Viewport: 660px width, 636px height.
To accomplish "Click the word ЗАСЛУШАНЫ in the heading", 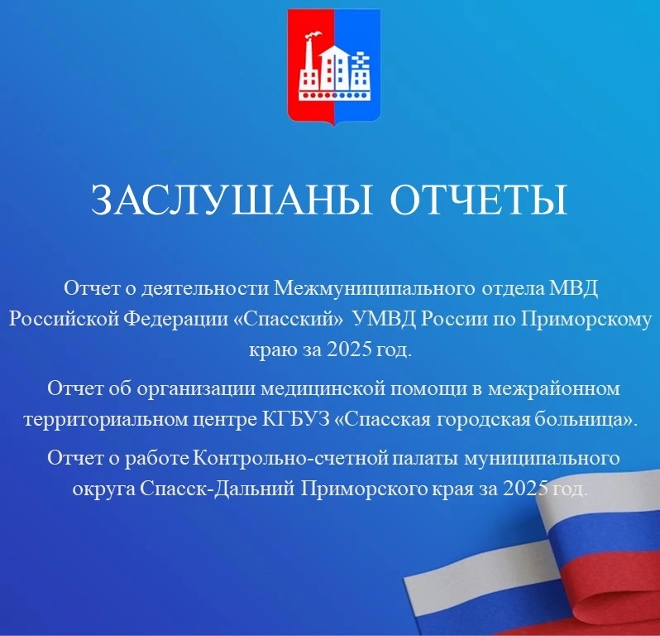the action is tap(231, 200).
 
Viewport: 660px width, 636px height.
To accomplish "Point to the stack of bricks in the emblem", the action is tap(361, 68).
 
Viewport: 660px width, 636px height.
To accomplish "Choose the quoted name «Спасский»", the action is tap(288, 319).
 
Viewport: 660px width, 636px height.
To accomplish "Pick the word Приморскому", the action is tap(586, 320).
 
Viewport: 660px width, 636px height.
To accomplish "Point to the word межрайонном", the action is tap(554, 388).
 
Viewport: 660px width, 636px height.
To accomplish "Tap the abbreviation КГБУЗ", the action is tap(296, 419).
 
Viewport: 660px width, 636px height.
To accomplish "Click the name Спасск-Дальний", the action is tap(218, 489).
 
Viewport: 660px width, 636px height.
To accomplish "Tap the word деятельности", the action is tap(204, 289).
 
